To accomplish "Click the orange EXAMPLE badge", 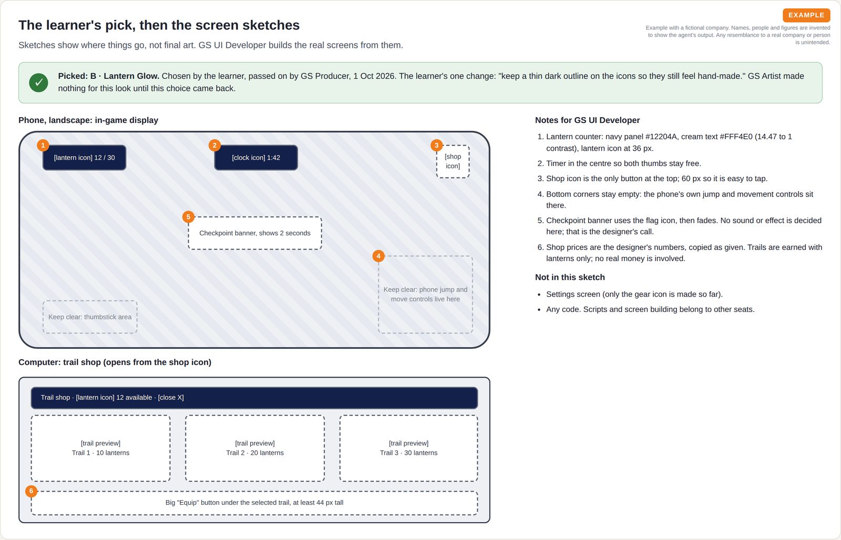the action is click(x=806, y=15).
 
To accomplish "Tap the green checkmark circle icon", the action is click(x=39, y=82).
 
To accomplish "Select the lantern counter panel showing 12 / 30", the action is click(x=85, y=158).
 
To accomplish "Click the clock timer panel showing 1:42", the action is click(x=256, y=158).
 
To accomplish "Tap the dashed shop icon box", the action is click(x=453, y=161).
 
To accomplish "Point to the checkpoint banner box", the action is click(x=255, y=233).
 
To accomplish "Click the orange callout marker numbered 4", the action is click(x=378, y=256).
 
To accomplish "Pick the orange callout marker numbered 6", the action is click(x=31, y=491).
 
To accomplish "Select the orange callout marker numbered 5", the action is click(x=188, y=216).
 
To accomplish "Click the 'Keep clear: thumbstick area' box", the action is click(x=90, y=317).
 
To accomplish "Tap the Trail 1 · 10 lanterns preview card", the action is click(x=100, y=448).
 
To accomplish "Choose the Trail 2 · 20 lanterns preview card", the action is click(x=255, y=448).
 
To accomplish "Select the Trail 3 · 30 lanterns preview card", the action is click(x=409, y=448).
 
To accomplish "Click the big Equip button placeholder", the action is click(x=254, y=503).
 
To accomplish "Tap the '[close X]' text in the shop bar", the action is click(x=171, y=398).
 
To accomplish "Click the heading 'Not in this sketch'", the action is click(x=570, y=277).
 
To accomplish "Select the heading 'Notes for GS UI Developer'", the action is click(x=587, y=120).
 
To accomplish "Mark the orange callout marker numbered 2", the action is click(x=214, y=145).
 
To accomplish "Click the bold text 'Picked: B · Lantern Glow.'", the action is click(x=108, y=76).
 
